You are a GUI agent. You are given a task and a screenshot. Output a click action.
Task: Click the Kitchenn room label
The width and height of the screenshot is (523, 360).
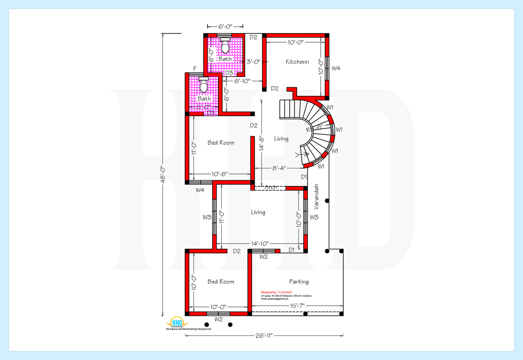tap(297, 62)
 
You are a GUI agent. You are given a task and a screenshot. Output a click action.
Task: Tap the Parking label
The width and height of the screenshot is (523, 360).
tap(299, 282)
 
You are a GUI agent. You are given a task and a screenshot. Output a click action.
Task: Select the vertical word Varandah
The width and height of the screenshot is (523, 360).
tap(316, 197)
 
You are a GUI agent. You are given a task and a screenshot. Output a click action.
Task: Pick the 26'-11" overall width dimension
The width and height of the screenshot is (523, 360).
tap(264, 335)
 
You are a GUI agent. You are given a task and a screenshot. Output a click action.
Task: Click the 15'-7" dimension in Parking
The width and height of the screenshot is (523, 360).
tap(297, 306)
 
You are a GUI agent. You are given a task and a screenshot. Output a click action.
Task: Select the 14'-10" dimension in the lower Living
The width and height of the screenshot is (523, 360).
tap(260, 244)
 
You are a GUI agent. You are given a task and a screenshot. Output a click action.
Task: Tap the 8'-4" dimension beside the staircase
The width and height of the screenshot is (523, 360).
tap(279, 168)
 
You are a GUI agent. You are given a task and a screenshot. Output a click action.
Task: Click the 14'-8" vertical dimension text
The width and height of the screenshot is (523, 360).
tap(261, 143)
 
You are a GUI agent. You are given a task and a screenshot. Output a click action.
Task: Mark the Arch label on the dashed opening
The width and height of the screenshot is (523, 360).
tap(271, 187)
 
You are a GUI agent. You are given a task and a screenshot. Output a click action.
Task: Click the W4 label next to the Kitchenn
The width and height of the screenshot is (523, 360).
tap(336, 68)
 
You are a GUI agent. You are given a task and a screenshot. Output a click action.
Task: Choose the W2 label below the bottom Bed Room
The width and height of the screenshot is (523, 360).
tap(219, 319)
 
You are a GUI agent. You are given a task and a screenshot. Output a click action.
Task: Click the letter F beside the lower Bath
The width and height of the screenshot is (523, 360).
tap(195, 69)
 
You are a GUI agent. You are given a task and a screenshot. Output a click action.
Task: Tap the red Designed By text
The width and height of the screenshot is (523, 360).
tap(276, 292)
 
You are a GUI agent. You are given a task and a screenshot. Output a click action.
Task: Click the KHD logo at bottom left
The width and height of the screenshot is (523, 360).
tap(177, 322)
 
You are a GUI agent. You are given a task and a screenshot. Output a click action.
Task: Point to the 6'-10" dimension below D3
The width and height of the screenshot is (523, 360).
tap(242, 81)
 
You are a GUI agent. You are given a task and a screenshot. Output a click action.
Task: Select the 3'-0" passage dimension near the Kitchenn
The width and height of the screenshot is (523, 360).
tap(253, 61)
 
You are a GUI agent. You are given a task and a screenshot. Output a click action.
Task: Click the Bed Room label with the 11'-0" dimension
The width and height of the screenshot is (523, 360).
tap(221, 143)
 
